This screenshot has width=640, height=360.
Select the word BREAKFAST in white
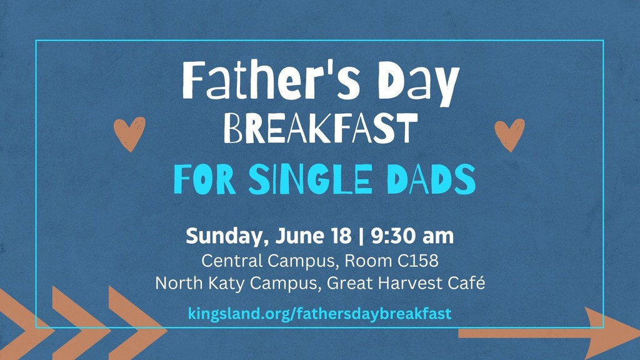(321, 128)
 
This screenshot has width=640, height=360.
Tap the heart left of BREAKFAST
(129, 134)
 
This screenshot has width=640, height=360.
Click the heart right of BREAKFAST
(509, 135)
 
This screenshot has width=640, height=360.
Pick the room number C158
(418, 261)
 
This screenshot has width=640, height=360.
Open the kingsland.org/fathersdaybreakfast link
(319, 314)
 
